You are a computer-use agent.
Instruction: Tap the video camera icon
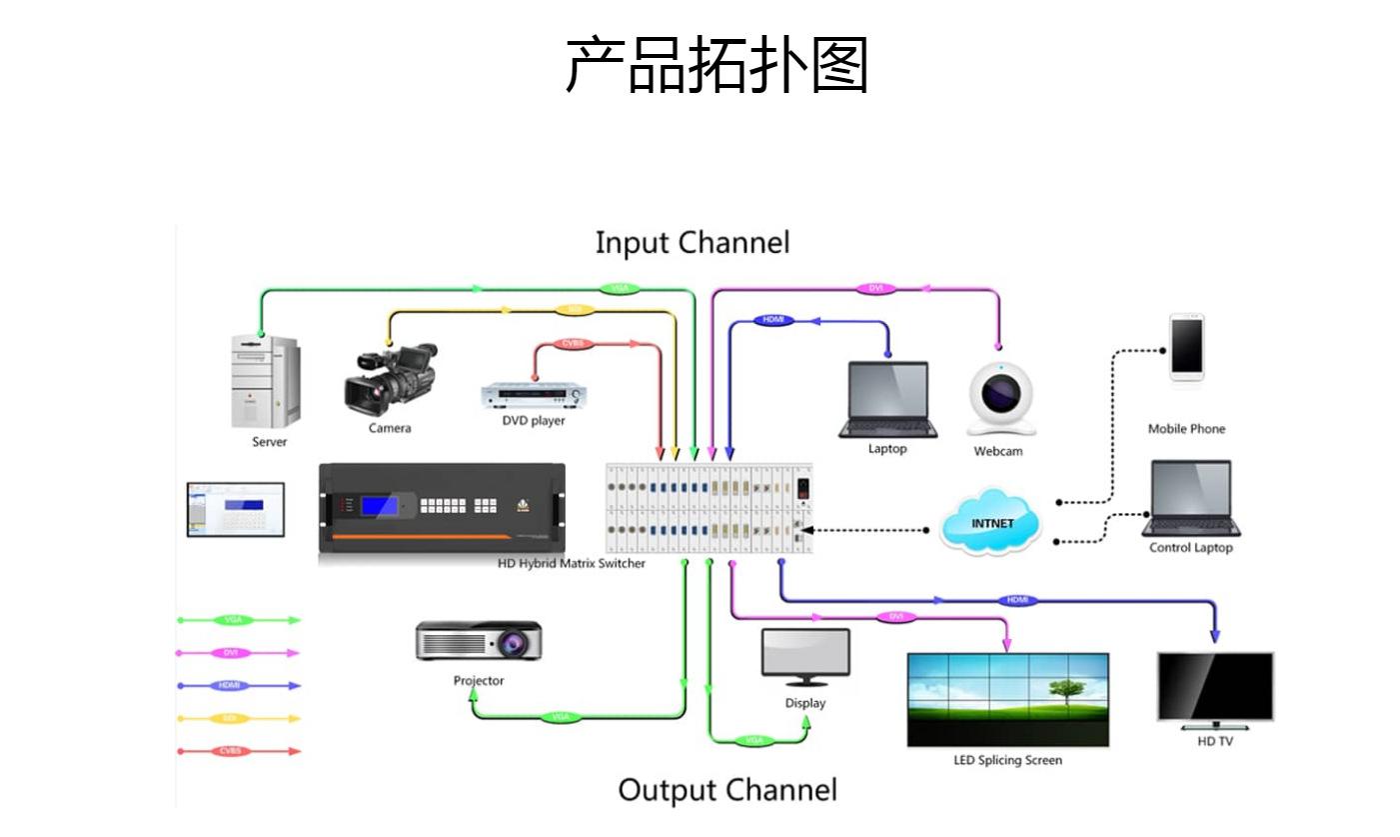tap(391, 380)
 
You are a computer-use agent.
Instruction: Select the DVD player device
tap(534, 396)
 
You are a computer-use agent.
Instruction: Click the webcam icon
tap(1000, 398)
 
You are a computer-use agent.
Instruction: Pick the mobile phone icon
tap(1186, 348)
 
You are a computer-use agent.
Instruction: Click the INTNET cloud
tap(990, 522)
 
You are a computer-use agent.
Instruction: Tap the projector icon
tap(479, 641)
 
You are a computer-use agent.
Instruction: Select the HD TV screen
tap(1215, 687)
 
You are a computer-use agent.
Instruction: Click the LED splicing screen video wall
tap(1007, 700)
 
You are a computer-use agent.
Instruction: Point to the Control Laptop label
tap(1190, 548)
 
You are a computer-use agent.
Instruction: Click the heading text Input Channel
tap(693, 243)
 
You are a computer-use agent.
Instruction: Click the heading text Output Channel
tap(727, 790)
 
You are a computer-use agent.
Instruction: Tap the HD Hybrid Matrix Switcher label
tap(572, 564)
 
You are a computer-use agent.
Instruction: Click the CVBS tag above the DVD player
tap(573, 344)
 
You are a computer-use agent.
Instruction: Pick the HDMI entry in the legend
tap(230, 686)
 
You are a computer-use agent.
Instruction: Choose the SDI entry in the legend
tap(230, 719)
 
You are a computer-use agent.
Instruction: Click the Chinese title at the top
tap(716, 65)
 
